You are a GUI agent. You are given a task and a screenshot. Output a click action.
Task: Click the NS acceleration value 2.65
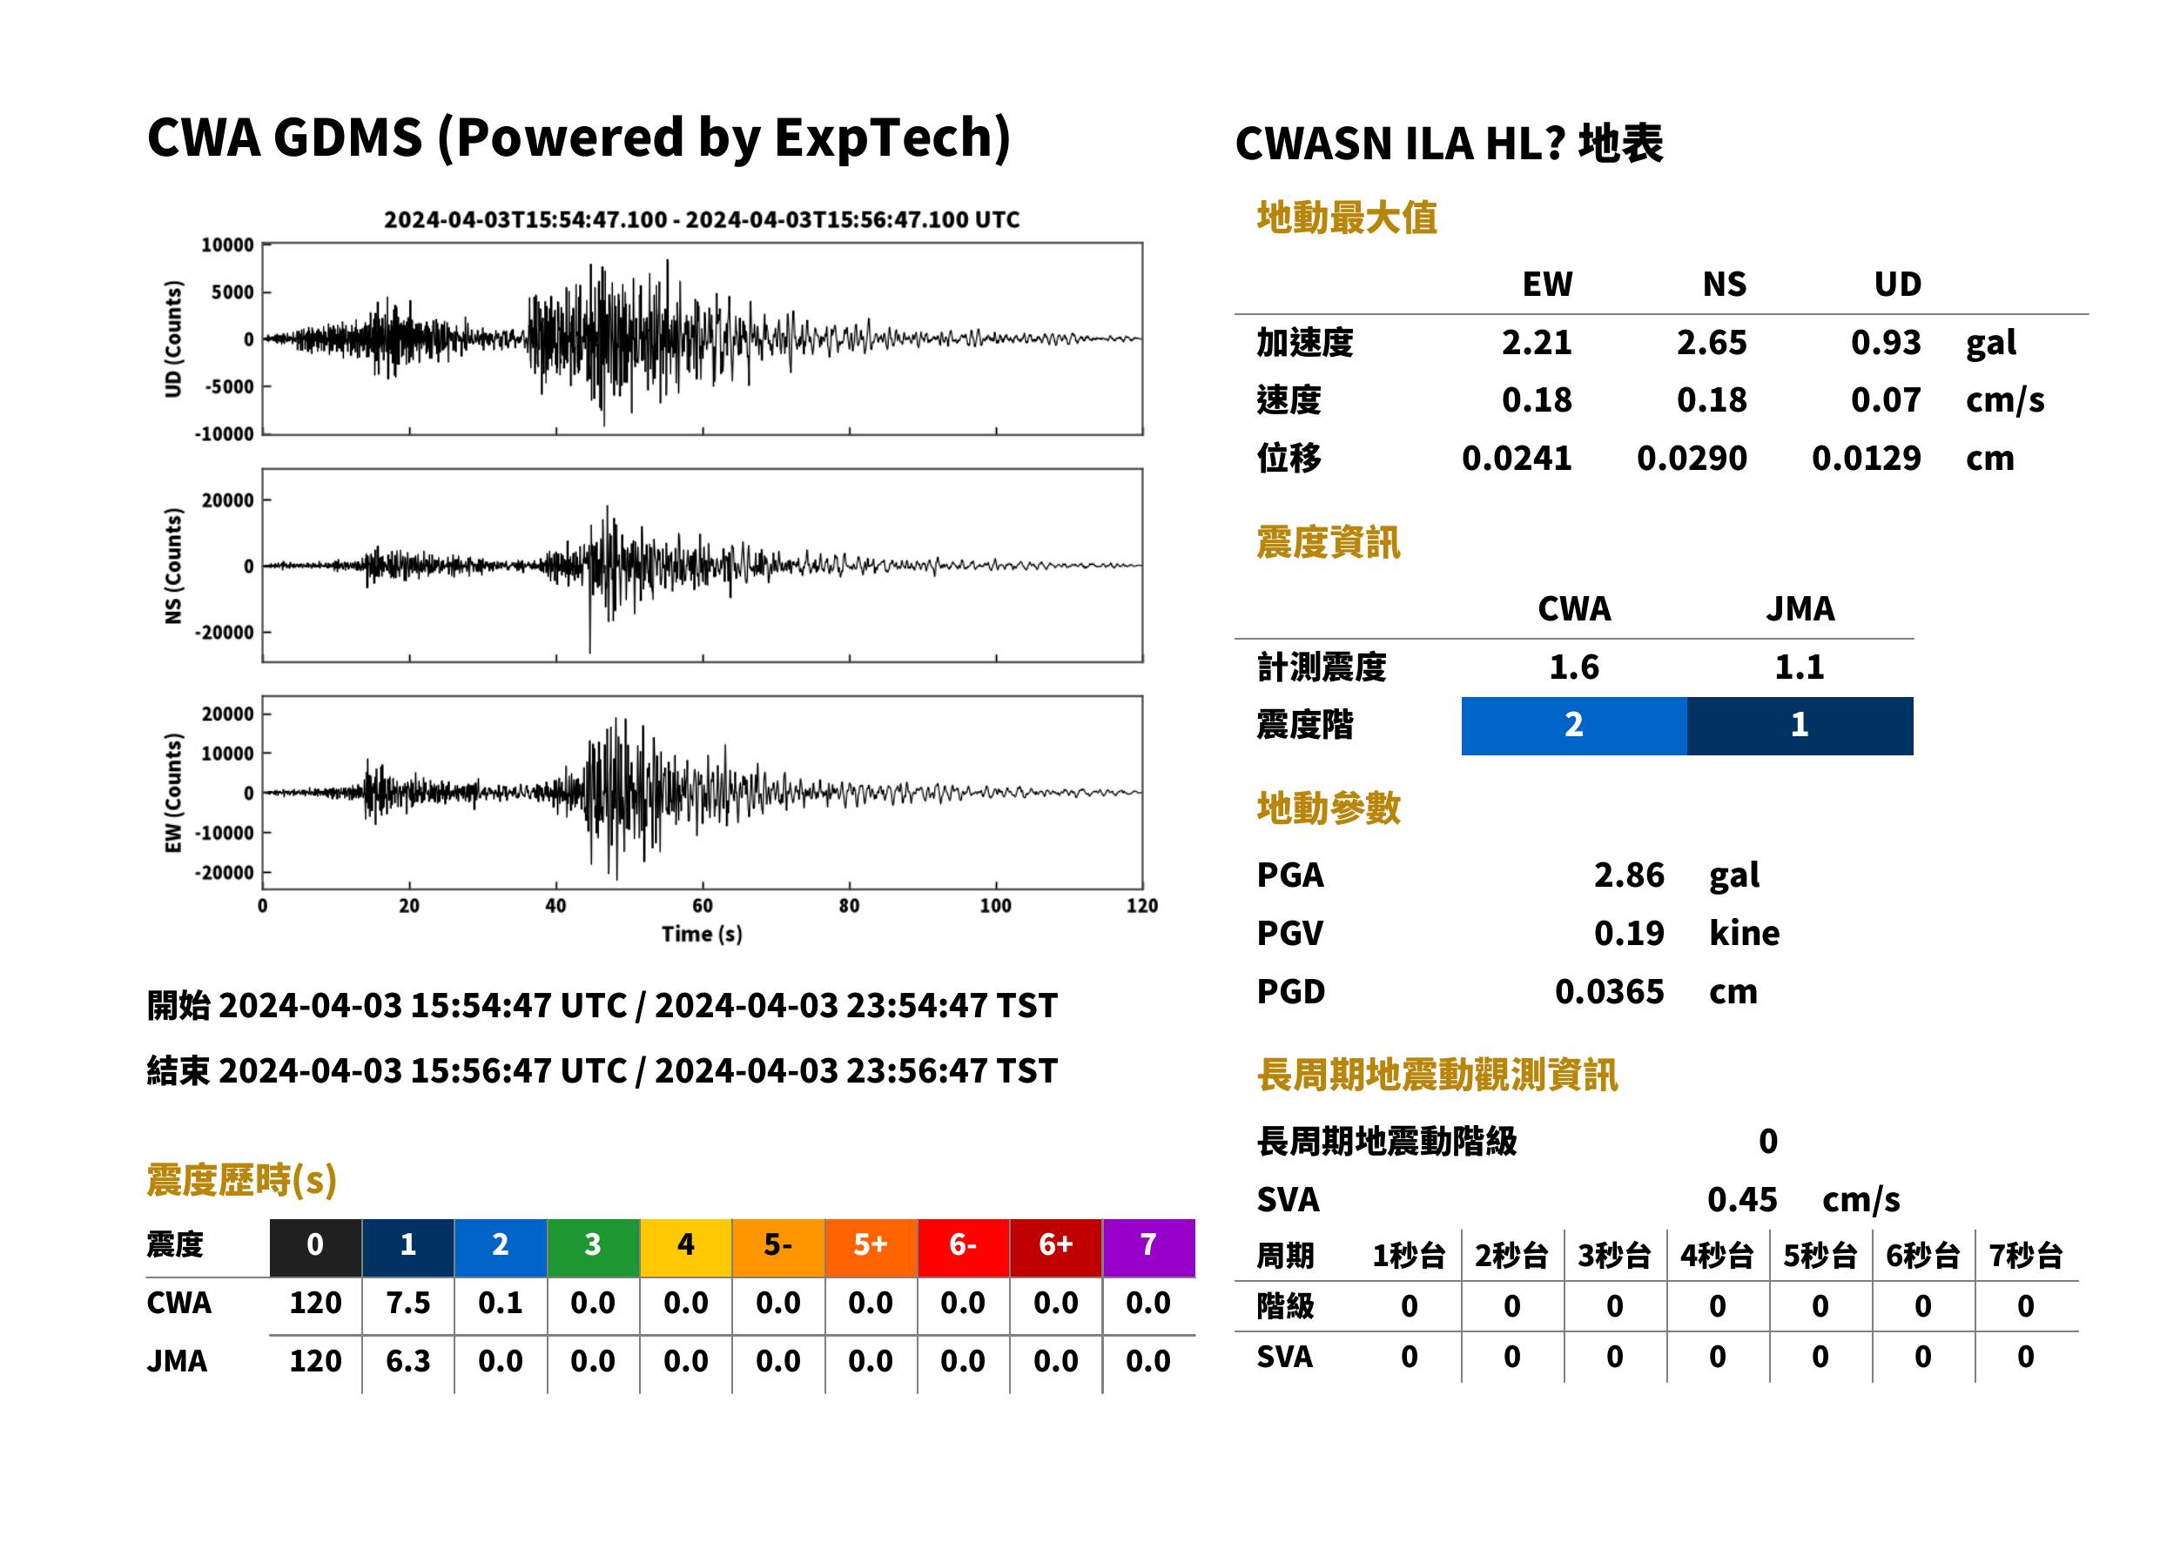[x=1711, y=343]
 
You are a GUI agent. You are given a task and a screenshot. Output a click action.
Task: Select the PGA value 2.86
[x=1628, y=875]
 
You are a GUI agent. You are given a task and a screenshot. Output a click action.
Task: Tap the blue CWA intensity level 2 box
[x=1574, y=726]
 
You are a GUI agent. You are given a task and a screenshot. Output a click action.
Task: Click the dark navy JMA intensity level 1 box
[x=1800, y=726]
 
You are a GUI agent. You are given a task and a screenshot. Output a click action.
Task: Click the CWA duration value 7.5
[x=408, y=1303]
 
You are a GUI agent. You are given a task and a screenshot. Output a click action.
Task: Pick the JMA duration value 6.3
[x=408, y=1362]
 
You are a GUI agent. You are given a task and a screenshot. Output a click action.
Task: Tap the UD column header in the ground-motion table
[x=1897, y=284]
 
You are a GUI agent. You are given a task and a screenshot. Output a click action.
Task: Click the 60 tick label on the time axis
[x=702, y=906]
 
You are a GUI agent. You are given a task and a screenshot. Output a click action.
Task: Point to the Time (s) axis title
[x=702, y=935]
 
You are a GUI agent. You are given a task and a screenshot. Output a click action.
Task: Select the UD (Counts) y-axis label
[x=173, y=339]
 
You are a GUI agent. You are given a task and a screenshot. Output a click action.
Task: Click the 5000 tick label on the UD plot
[x=232, y=292]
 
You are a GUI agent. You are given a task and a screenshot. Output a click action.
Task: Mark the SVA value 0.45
[x=1742, y=1199]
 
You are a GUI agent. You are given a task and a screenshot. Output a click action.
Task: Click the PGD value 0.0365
[x=1609, y=992]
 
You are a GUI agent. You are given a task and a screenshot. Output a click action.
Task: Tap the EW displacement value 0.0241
[x=1516, y=459]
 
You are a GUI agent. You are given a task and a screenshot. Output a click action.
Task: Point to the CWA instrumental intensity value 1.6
[x=1574, y=667]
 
